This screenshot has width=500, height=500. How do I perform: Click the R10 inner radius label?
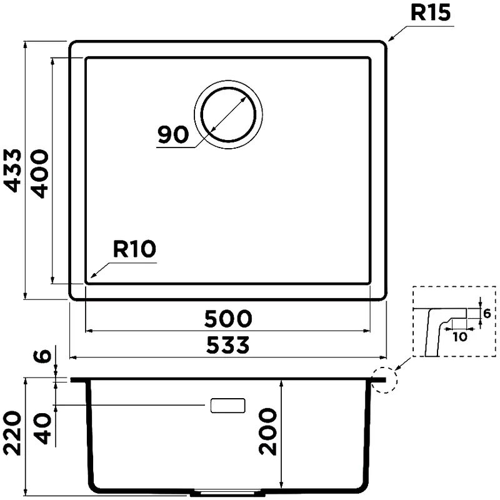point(134,250)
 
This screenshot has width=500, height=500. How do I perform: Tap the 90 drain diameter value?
point(173,134)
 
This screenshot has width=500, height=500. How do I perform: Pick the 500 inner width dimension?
point(228,319)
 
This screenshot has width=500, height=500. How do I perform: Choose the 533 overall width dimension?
point(228,344)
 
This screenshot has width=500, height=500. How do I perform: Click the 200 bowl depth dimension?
point(267,432)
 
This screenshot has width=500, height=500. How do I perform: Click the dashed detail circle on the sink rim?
point(383,379)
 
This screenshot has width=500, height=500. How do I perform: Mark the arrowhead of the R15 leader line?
point(389,40)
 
